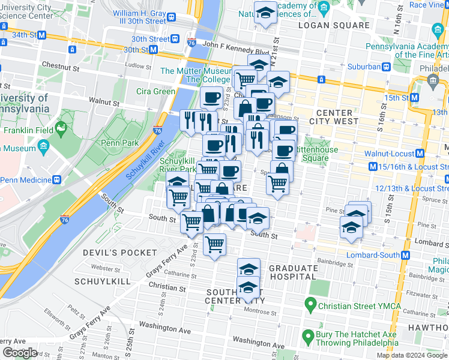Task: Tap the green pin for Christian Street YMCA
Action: pos(310,305)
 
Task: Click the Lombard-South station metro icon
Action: pos(406,255)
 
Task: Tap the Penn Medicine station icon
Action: pos(56,179)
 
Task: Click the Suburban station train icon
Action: pos(388,67)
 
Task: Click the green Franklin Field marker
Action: pos(61,127)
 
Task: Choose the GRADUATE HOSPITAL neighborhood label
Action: pos(294,272)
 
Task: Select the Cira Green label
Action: pos(155,91)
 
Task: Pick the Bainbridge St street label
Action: pos(336,263)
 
